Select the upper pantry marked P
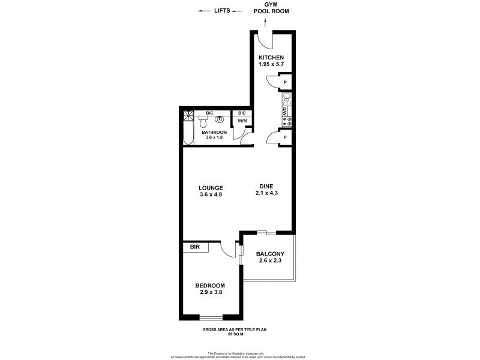click(284, 83)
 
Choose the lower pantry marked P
click(284, 137)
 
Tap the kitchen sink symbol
click(287, 98)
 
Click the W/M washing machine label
click(242, 121)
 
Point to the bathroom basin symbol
click(220, 119)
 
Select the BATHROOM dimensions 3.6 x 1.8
click(214, 138)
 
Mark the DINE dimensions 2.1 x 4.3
click(267, 194)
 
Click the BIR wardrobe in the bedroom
click(195, 247)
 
